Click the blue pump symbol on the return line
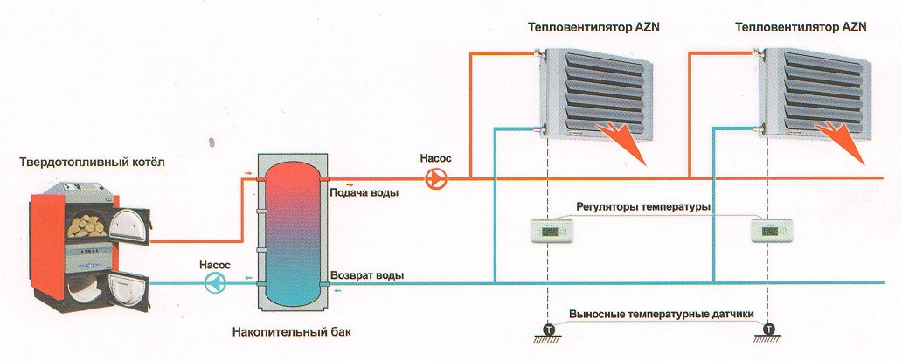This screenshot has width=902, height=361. click(214, 282)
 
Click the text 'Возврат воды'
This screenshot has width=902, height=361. click(367, 275)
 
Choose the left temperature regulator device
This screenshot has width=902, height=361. click(548, 232)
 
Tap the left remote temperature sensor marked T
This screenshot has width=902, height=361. click(548, 330)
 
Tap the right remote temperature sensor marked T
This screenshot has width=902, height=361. click(769, 330)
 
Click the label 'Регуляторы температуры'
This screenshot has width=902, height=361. click(642, 207)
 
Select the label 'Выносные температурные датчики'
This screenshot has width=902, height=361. click(661, 314)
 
